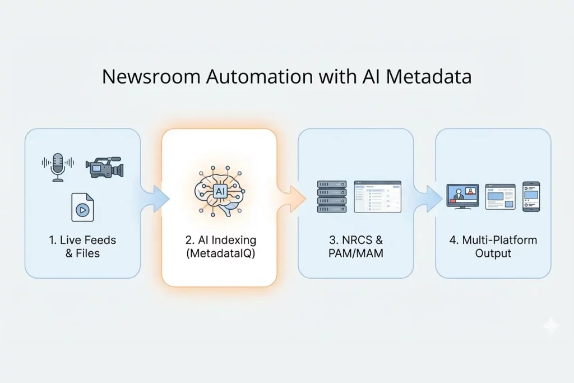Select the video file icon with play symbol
coord(82,207)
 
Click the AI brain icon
coord(219,192)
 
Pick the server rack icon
coord(332,196)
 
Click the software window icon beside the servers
coord(377,196)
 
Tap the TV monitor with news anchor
coord(462,197)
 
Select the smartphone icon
coord(531,196)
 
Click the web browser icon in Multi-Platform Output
coord(500,197)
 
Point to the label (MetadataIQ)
coord(220,253)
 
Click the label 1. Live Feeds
coord(82,240)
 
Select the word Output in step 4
coord(493,253)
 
